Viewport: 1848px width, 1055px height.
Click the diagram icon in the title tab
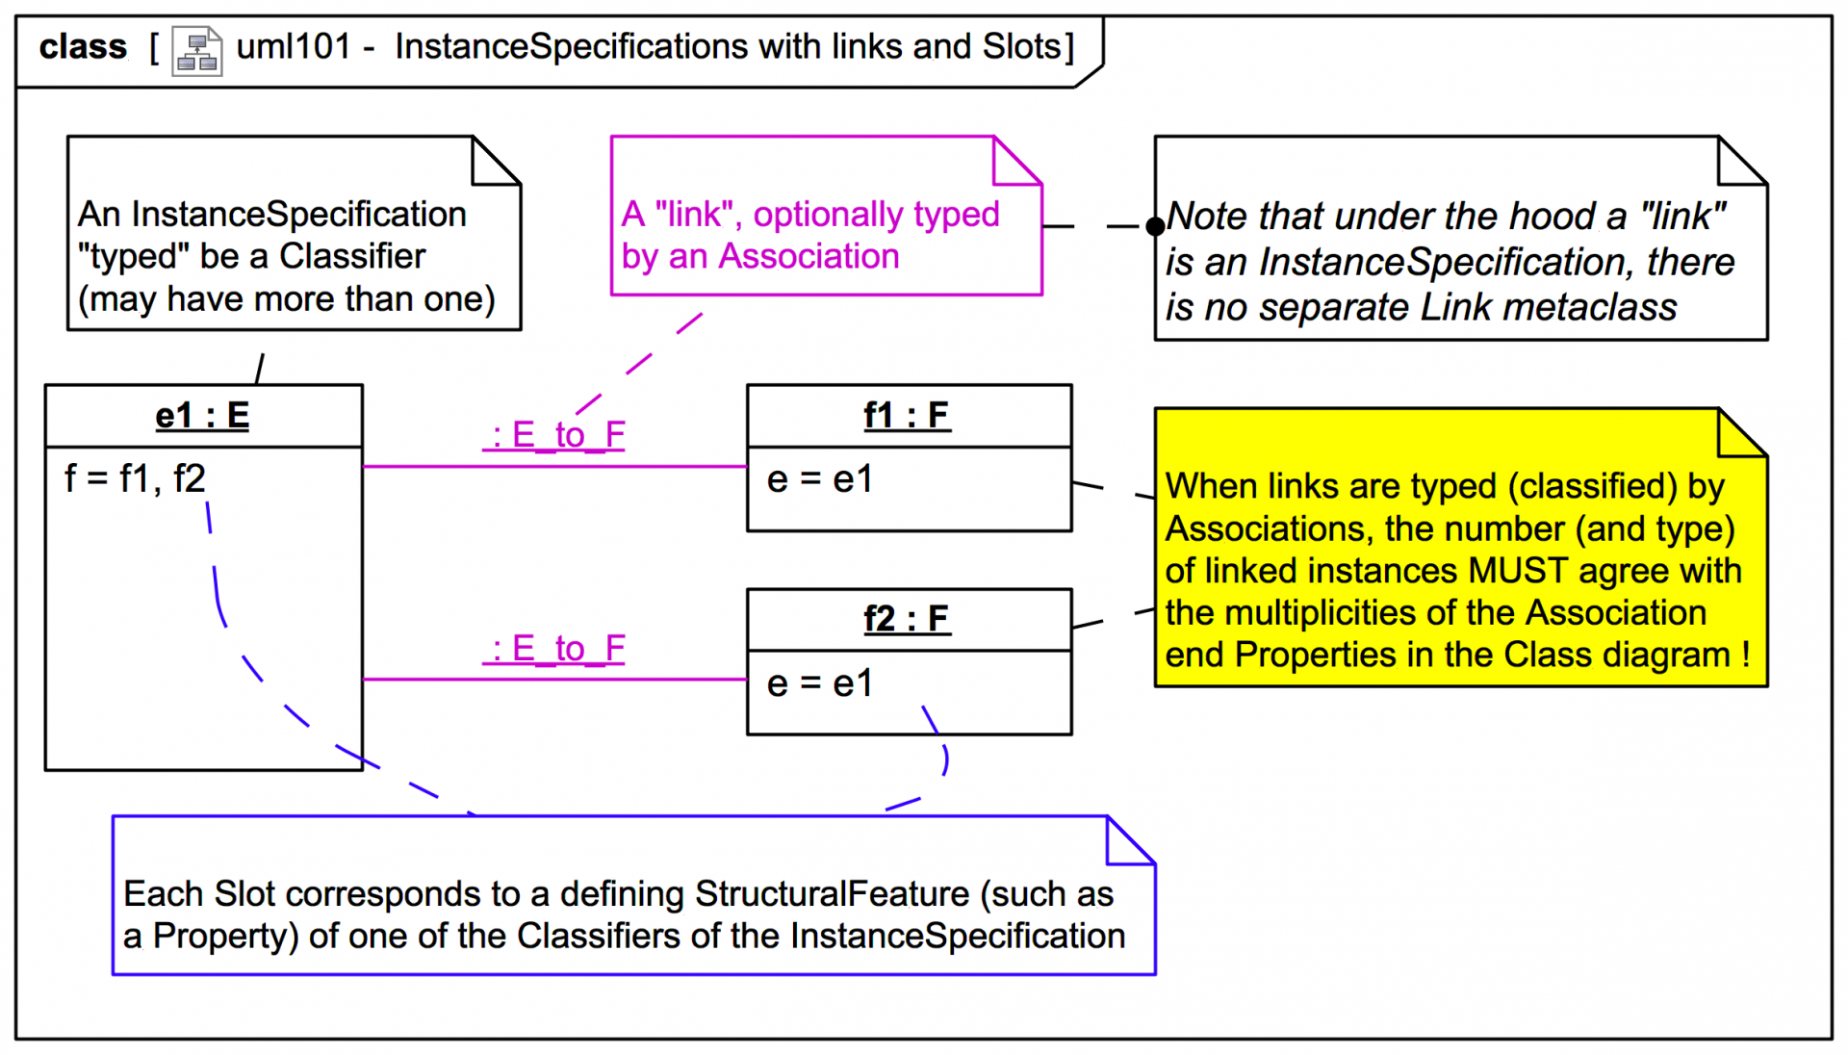pyautogui.click(x=197, y=51)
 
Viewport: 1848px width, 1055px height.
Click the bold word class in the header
pyautogui.click(x=83, y=46)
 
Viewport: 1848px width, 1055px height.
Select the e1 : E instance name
pyautogui.click(x=202, y=416)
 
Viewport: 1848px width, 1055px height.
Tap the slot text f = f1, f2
pyautogui.click(x=135, y=478)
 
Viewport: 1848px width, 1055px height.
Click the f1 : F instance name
pyautogui.click(x=907, y=416)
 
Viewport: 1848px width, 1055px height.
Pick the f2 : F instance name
pyautogui.click(x=907, y=619)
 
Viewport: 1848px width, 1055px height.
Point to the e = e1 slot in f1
pyautogui.click(x=820, y=479)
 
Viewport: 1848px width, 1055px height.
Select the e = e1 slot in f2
pyautogui.click(x=820, y=683)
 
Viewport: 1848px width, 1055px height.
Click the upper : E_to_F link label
pyautogui.click(x=554, y=435)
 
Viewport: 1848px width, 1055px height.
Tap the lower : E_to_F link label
pyautogui.click(x=554, y=649)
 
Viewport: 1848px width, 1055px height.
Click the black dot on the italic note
pyautogui.click(x=1155, y=227)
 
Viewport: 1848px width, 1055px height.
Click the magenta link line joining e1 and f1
pyautogui.click(x=554, y=467)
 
